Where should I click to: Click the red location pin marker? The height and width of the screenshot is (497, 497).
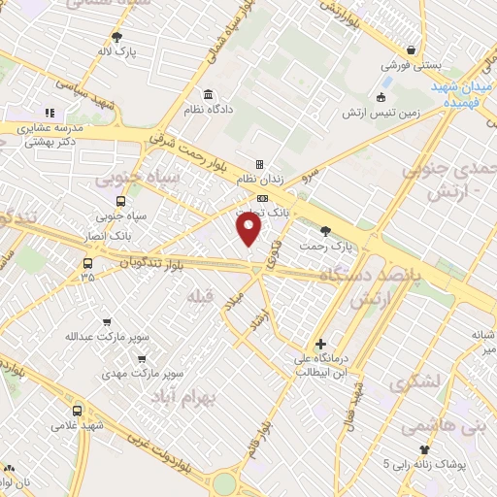coord(249,229)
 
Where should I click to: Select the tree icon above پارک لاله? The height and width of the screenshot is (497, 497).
coord(117,36)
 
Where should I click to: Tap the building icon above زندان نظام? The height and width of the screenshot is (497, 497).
coord(259,164)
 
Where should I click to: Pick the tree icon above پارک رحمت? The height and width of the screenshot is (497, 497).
coord(324,230)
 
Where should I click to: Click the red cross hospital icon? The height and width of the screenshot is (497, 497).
coord(320,344)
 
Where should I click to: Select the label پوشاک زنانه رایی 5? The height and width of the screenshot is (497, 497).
coord(425,463)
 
